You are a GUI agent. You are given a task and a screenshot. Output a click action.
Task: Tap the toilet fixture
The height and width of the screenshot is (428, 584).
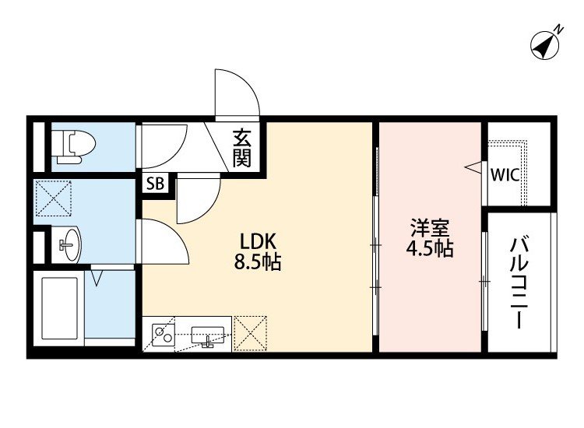coord(73,146)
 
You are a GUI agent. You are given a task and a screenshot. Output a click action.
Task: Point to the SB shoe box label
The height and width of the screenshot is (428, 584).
coord(155,184)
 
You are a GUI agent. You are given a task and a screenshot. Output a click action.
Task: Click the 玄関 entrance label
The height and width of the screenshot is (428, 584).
coord(242,150)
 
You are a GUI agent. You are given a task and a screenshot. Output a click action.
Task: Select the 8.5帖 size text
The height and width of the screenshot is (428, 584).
coord(259,262)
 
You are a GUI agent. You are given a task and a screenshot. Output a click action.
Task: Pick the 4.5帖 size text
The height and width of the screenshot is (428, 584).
coord(429,250)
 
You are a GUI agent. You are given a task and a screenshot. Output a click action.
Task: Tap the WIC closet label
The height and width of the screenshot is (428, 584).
coord(504,174)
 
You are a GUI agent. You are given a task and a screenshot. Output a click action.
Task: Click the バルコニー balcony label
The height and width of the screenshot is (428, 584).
coord(519,284)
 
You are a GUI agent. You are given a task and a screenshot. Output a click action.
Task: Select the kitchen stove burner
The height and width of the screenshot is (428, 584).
coord(164,335)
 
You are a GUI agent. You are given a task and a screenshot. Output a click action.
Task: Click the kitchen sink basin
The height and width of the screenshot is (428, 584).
coord(207,335)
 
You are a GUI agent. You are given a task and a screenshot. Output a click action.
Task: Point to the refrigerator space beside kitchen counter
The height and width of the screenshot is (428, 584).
coord(251,333)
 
